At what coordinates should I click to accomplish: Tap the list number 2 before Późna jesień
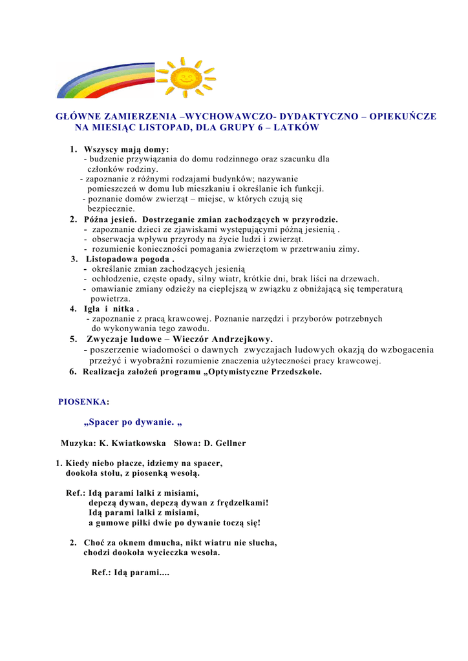click(73, 219)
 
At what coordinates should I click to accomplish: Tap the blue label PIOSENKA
click(82, 402)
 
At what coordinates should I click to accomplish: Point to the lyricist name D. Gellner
click(225, 443)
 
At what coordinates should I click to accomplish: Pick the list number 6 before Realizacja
click(73, 372)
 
